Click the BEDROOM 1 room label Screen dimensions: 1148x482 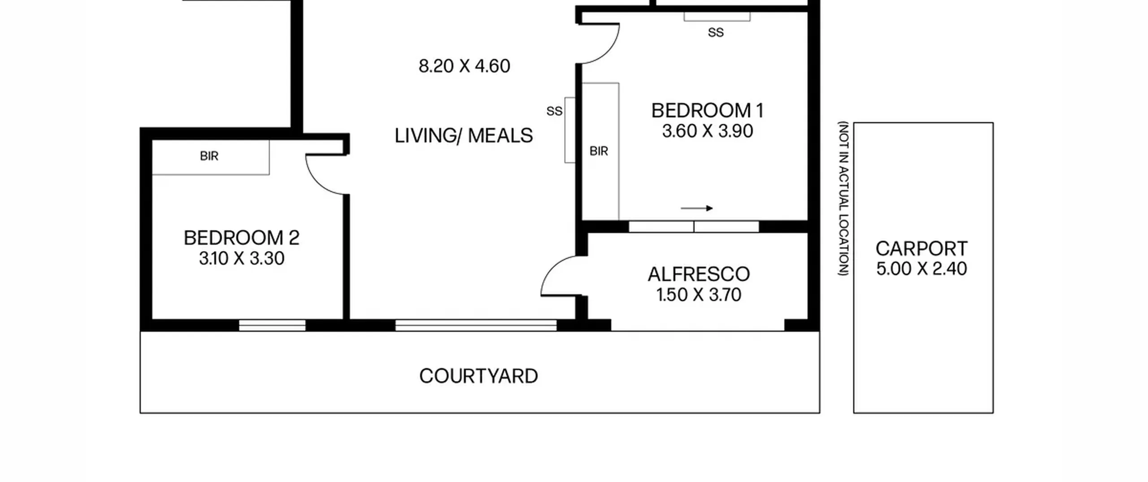(707, 110)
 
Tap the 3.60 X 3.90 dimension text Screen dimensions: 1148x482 (707, 131)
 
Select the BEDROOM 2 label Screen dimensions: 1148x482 (241, 238)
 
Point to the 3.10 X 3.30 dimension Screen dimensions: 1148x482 (241, 258)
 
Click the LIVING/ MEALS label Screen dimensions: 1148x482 (464, 135)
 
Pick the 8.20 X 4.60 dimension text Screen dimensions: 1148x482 (464, 66)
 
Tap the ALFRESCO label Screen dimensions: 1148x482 (699, 274)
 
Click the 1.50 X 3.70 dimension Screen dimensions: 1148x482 (699, 295)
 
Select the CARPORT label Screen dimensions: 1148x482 (922, 248)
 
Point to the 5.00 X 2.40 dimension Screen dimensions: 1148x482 (922, 269)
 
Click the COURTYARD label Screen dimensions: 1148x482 (478, 376)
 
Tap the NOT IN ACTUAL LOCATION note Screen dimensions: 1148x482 (844, 199)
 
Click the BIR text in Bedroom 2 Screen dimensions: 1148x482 (209, 156)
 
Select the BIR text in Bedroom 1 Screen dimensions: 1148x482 (599, 152)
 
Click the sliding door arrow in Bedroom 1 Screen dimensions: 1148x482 (696, 208)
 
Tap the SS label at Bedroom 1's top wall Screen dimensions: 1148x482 (716, 33)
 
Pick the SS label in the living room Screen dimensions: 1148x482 (554, 111)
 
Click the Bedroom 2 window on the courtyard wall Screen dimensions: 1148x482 (272, 325)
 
